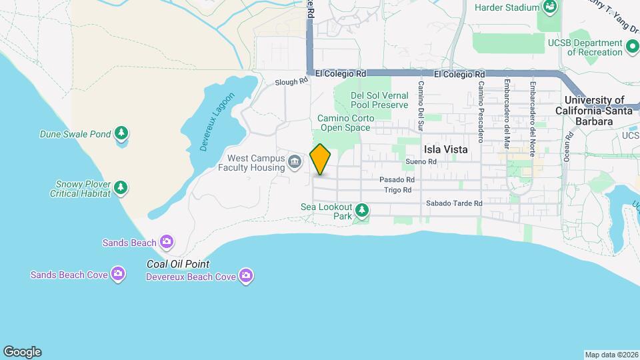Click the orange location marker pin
(x=320, y=159)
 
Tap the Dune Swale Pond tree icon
(x=121, y=134)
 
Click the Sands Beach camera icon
(x=167, y=242)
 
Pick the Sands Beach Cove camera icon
(x=118, y=274)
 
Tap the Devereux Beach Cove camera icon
(x=246, y=275)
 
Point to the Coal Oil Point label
(x=178, y=264)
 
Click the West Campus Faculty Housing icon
(x=294, y=162)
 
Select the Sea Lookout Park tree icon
(x=362, y=211)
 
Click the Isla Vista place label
(x=446, y=150)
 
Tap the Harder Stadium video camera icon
(x=550, y=7)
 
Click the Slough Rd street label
(x=292, y=82)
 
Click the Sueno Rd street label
(x=421, y=162)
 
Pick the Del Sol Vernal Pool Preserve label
(x=379, y=100)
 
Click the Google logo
(x=22, y=352)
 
